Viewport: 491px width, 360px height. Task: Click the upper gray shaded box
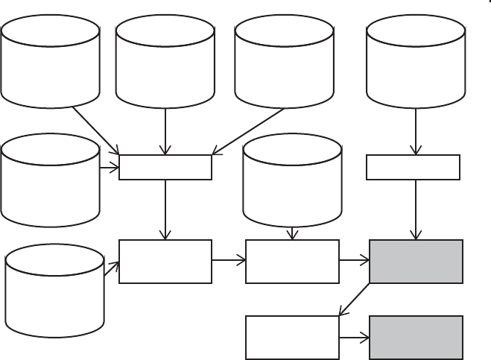(x=416, y=261)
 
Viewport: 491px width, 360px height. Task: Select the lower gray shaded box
(x=416, y=338)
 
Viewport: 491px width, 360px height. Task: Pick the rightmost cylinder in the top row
(x=416, y=62)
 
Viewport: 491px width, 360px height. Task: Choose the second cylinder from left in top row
(x=165, y=62)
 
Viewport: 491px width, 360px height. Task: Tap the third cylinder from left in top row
(x=283, y=62)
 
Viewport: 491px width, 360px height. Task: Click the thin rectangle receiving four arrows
(x=165, y=168)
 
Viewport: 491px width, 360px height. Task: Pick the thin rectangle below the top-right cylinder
(x=414, y=168)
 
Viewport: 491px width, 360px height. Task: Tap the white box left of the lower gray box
(x=293, y=338)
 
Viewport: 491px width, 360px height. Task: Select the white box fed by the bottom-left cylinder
(x=165, y=261)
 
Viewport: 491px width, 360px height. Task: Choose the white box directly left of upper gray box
(x=293, y=261)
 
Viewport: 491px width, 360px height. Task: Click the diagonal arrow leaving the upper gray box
(x=355, y=299)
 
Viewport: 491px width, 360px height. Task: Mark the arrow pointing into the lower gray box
(x=354, y=338)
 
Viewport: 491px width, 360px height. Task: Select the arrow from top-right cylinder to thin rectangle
(x=415, y=131)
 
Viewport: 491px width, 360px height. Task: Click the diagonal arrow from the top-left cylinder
(x=95, y=130)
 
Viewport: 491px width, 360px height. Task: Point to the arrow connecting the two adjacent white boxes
(x=229, y=261)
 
